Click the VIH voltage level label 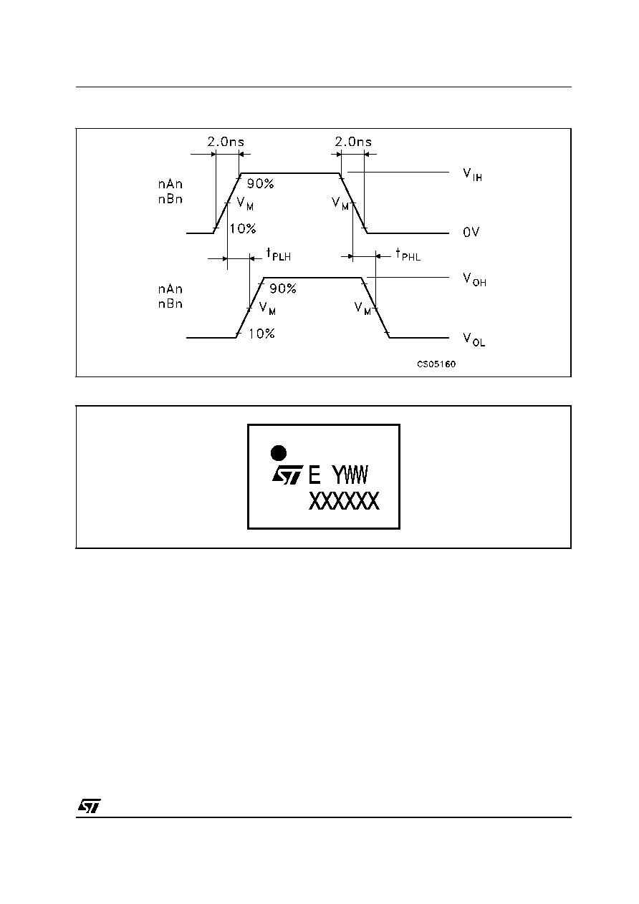472,175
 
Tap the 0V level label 471,232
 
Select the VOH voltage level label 474,279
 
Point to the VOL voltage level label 474,339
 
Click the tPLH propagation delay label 279,254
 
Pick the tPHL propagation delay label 408,254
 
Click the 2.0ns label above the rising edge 226,142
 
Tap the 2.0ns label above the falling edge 353,142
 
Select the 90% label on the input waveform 261,184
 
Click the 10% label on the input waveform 243,229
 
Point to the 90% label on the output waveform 283,288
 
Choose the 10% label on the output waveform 261,334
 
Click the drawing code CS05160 436,364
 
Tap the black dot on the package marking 278,453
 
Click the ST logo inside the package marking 287,475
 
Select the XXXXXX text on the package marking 344,501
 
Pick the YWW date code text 350,475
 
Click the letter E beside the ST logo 314,475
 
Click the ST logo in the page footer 90,806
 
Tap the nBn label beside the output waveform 170,303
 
